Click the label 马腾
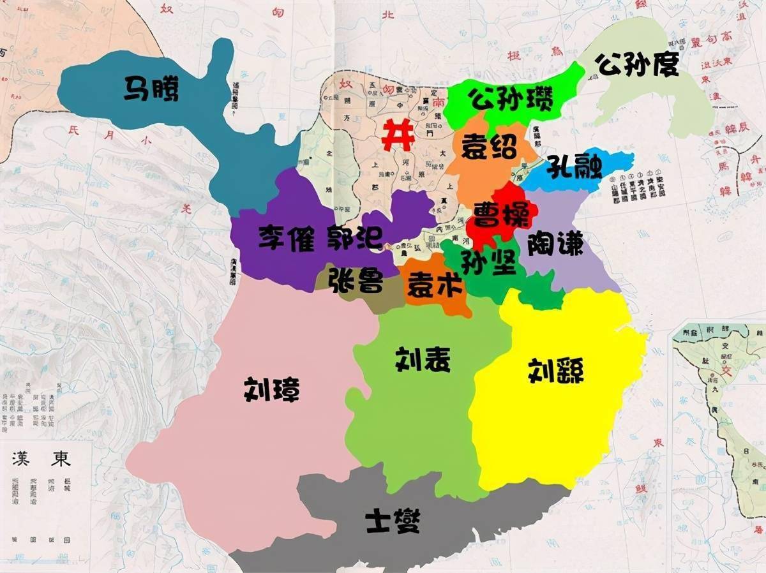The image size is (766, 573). [x=151, y=90]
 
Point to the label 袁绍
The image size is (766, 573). [x=489, y=147]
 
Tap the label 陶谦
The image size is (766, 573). [x=555, y=243]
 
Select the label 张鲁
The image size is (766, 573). [x=356, y=280]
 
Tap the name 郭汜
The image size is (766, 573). [x=354, y=237]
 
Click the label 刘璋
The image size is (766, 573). [x=271, y=389]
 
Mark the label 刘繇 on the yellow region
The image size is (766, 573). [x=555, y=370]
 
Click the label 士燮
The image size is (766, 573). [x=393, y=521]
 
